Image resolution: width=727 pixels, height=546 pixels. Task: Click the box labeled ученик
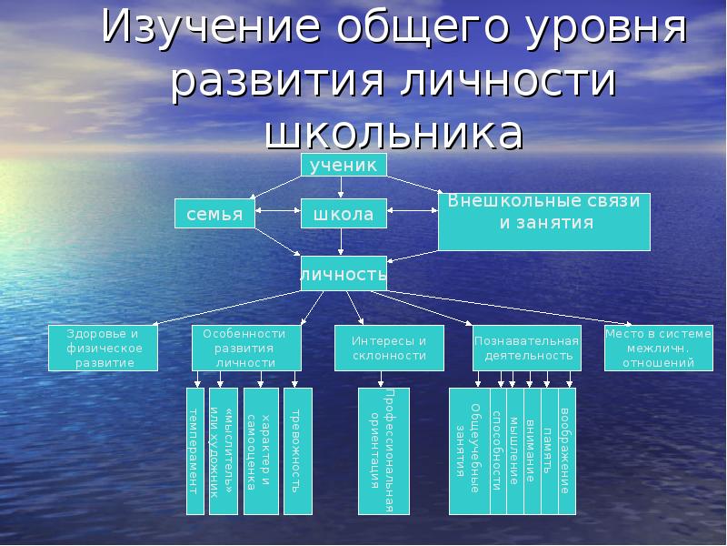tap(344, 165)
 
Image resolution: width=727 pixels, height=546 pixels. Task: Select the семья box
tap(214, 214)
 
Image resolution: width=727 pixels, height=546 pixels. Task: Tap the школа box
tap(344, 214)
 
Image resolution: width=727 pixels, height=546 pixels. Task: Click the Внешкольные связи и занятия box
tap(544, 220)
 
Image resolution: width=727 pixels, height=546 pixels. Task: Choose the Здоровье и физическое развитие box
tap(104, 348)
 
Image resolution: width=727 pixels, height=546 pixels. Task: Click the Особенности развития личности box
tap(245, 348)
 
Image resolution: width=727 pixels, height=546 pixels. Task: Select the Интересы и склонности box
tap(389, 348)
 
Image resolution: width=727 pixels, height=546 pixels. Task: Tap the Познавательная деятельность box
tap(526, 348)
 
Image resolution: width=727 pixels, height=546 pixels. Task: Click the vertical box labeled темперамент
tap(194, 451)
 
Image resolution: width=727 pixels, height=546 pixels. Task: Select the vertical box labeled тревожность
tap(297, 451)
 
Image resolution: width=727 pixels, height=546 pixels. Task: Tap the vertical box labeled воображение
tap(565, 451)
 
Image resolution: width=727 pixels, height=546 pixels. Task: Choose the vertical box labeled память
tap(548, 451)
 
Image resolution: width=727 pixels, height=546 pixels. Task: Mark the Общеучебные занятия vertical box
tap(469, 451)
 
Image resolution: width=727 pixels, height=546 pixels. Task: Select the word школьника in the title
tap(393, 132)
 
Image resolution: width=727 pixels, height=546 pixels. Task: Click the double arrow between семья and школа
tap(277, 215)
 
